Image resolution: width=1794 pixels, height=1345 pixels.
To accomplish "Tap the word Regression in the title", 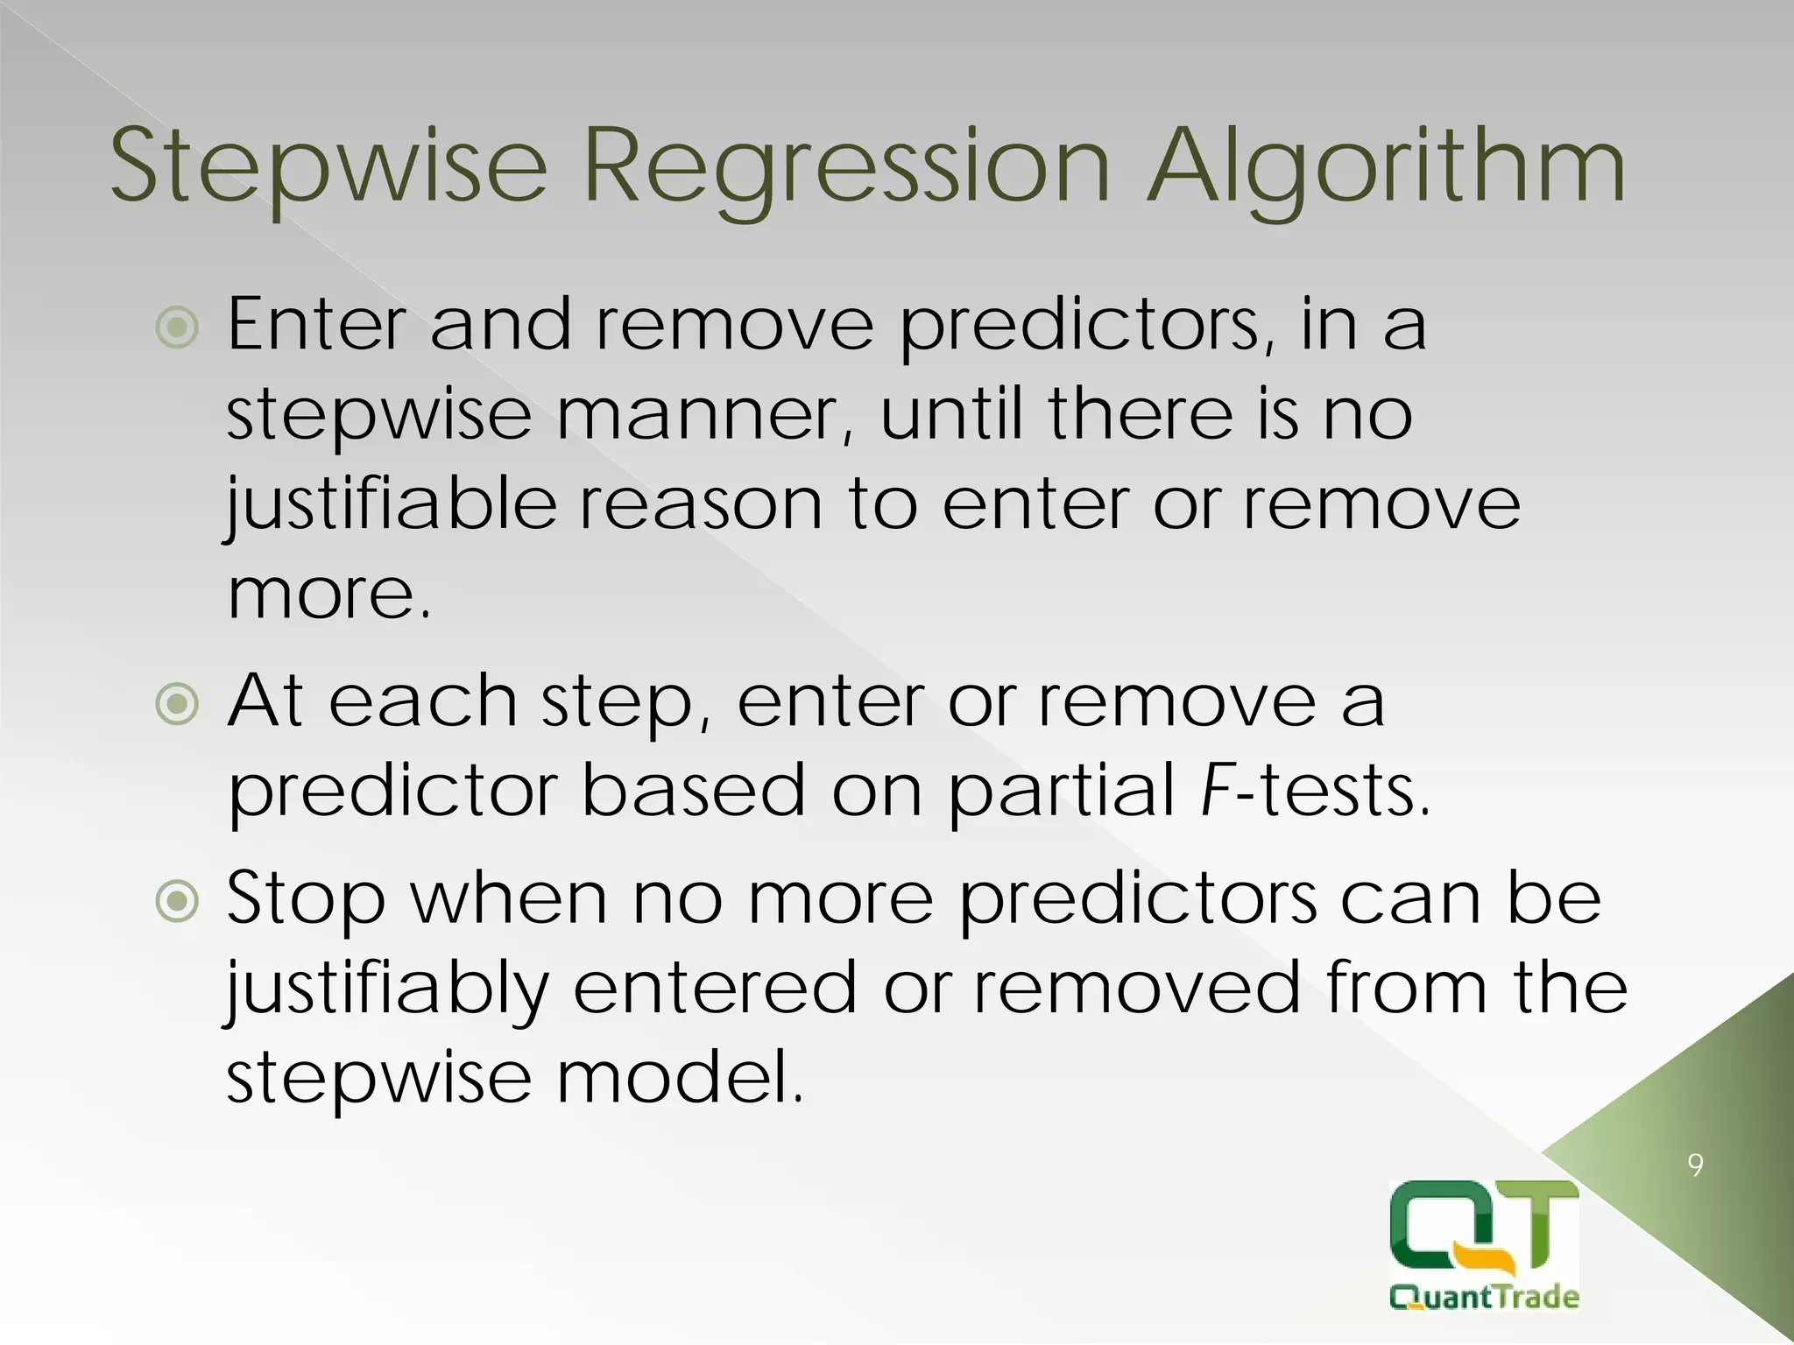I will coord(846,166).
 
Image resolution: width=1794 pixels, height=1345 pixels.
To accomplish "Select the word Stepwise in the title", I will coord(328,166).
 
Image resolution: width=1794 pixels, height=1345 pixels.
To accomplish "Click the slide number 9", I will coord(1695,1165).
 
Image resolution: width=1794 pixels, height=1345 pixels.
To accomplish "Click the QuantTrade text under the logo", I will coord(1484,1297).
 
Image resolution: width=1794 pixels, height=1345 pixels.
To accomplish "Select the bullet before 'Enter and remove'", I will coord(177,328).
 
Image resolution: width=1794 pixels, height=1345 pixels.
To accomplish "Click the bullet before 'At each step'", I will coord(177,704).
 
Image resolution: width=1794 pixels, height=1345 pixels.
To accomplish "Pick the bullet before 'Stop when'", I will coord(177,902).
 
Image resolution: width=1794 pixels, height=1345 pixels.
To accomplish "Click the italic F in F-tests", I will coord(1216,790).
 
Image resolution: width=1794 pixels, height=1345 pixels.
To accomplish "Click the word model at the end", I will coord(679,1077).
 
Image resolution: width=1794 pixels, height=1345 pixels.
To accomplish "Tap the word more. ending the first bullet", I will coord(328,595).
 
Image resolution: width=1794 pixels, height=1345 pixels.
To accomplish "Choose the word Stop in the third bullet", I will coord(306,900).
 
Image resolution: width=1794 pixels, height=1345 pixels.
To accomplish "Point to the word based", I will coord(692,790).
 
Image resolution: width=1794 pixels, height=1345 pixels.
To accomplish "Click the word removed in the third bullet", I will coord(1138,988).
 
